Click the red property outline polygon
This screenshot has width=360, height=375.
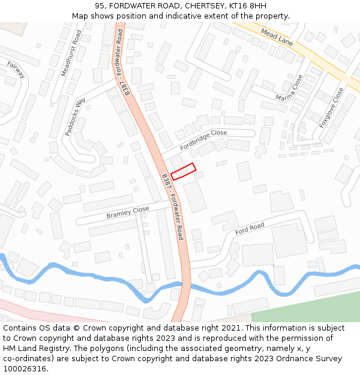(x=184, y=171)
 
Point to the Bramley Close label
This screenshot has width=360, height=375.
(x=127, y=212)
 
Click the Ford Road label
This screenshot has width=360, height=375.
(x=250, y=229)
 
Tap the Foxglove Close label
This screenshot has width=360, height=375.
(x=332, y=107)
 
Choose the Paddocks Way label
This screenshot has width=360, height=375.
(x=76, y=116)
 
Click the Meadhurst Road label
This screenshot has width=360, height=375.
(x=71, y=53)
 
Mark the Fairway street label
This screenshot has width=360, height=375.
(x=16, y=70)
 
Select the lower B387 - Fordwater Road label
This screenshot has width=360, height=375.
(x=172, y=207)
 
